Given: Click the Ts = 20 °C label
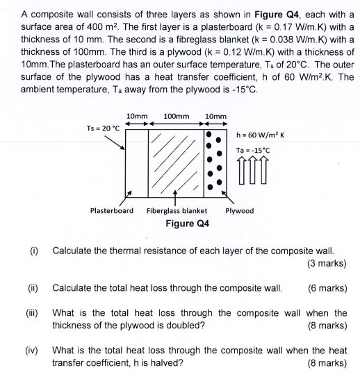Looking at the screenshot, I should coord(103,128).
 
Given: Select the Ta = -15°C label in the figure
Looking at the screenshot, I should coord(254,151).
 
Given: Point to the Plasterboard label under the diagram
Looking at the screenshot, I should coord(112,210).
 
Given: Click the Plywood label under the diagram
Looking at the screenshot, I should coord(240,210).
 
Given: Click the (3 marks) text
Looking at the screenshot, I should coord(327,263).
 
